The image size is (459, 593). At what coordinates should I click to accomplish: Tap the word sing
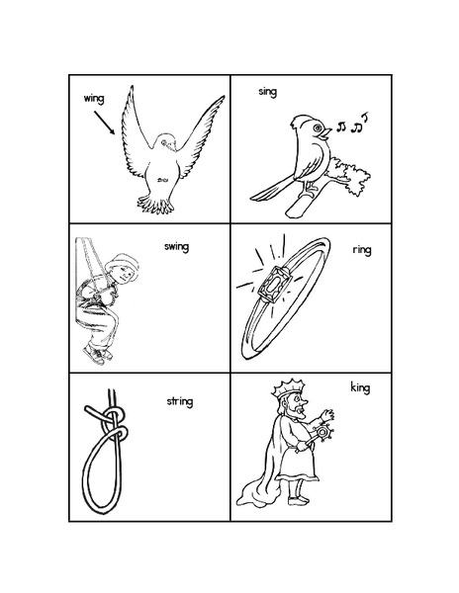268,92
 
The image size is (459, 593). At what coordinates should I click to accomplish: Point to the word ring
360,251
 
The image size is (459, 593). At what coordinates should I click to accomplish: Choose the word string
179,401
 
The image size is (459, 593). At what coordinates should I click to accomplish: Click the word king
360,386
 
